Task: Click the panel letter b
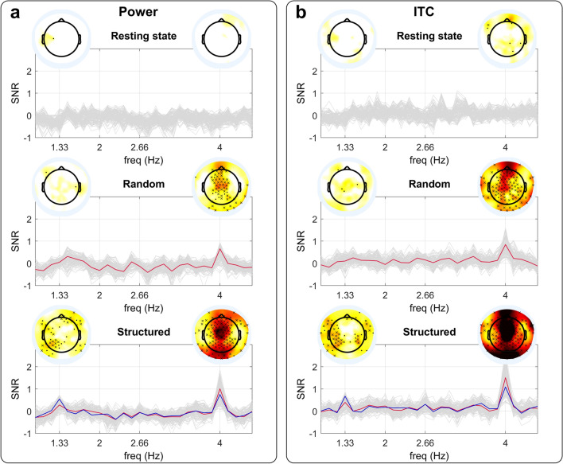coord(298,14)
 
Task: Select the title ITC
coord(425,14)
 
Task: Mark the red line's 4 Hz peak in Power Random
coord(220,249)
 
